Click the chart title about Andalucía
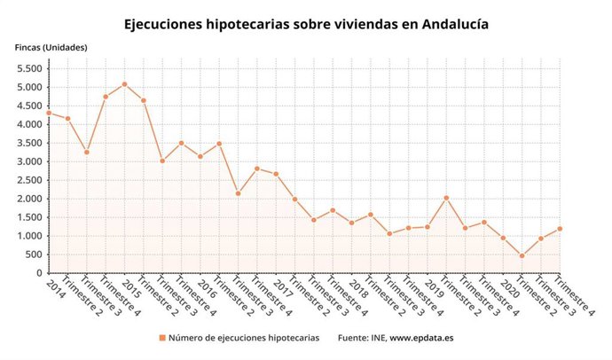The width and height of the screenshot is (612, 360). pos(306,24)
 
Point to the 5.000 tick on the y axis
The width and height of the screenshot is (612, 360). pos(31,87)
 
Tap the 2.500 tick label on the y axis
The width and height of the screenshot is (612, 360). pos(31,180)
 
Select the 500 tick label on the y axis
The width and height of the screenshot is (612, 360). pos(35,254)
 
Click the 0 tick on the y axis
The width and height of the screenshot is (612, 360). pos(40,273)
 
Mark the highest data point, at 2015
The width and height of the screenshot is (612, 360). pos(124,84)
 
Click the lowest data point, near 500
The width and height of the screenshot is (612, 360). pos(522,256)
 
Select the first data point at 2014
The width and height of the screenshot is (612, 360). pos(49,113)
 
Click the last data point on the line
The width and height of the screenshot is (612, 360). pos(560,229)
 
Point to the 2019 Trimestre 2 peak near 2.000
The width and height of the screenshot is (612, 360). pos(446,198)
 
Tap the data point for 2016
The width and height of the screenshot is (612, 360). pos(200,157)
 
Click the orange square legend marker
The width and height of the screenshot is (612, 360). pos(161,338)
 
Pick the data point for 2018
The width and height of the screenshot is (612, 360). pos(351,223)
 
